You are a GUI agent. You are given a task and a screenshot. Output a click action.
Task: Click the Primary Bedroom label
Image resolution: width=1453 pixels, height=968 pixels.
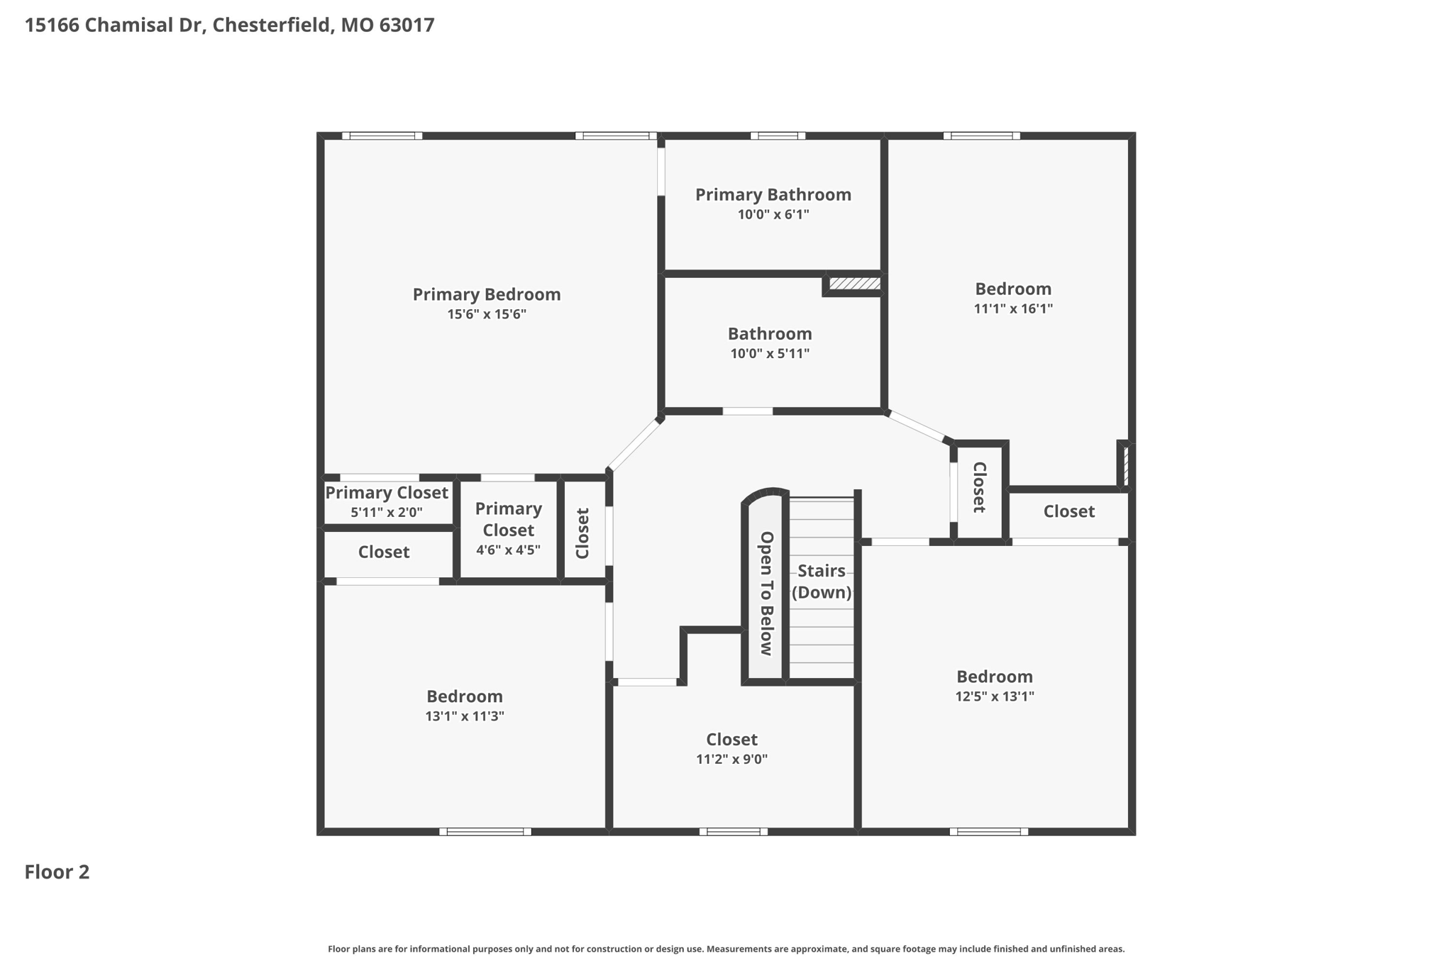[x=487, y=294]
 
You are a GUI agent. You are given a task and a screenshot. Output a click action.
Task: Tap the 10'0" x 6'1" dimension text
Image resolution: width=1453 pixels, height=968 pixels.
[x=773, y=214]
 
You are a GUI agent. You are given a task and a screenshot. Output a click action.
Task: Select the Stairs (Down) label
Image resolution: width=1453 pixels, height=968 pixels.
[x=822, y=582]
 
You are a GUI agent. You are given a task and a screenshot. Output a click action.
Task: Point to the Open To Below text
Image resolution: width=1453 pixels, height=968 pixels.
[x=766, y=594]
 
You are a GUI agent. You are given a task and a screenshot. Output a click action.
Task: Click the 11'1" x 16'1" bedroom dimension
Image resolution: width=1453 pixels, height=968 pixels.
[x=1013, y=308]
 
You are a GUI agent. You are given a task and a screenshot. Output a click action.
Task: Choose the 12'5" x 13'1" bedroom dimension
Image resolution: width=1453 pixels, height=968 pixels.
[x=995, y=696]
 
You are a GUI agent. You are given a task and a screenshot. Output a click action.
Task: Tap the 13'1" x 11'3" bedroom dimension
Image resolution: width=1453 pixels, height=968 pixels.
[x=465, y=716]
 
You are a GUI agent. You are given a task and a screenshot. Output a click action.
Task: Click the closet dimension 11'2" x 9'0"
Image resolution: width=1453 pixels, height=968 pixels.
[x=731, y=760]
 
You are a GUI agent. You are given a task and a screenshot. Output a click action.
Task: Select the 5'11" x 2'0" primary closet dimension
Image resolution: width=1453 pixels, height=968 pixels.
[x=387, y=512]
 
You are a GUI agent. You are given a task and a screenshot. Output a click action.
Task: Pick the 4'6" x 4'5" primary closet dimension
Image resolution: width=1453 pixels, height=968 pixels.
[x=508, y=550]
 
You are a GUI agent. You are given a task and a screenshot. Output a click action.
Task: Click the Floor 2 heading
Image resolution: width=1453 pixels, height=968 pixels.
[x=57, y=872]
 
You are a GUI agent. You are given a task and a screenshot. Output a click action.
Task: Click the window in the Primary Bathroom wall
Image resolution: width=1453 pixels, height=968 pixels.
[x=778, y=135]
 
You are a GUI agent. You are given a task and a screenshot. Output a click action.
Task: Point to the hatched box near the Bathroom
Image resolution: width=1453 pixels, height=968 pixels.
[x=855, y=284]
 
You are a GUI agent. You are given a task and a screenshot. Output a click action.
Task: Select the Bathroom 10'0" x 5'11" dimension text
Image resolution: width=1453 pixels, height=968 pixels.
[x=770, y=353]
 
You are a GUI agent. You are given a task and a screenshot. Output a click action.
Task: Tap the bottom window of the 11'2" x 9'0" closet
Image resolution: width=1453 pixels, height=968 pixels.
[x=733, y=832]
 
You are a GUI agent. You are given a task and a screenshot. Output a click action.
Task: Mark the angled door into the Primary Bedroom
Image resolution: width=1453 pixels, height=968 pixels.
[x=634, y=445]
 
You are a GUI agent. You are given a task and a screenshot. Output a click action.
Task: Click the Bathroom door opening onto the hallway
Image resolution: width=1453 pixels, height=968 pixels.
[x=748, y=411]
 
